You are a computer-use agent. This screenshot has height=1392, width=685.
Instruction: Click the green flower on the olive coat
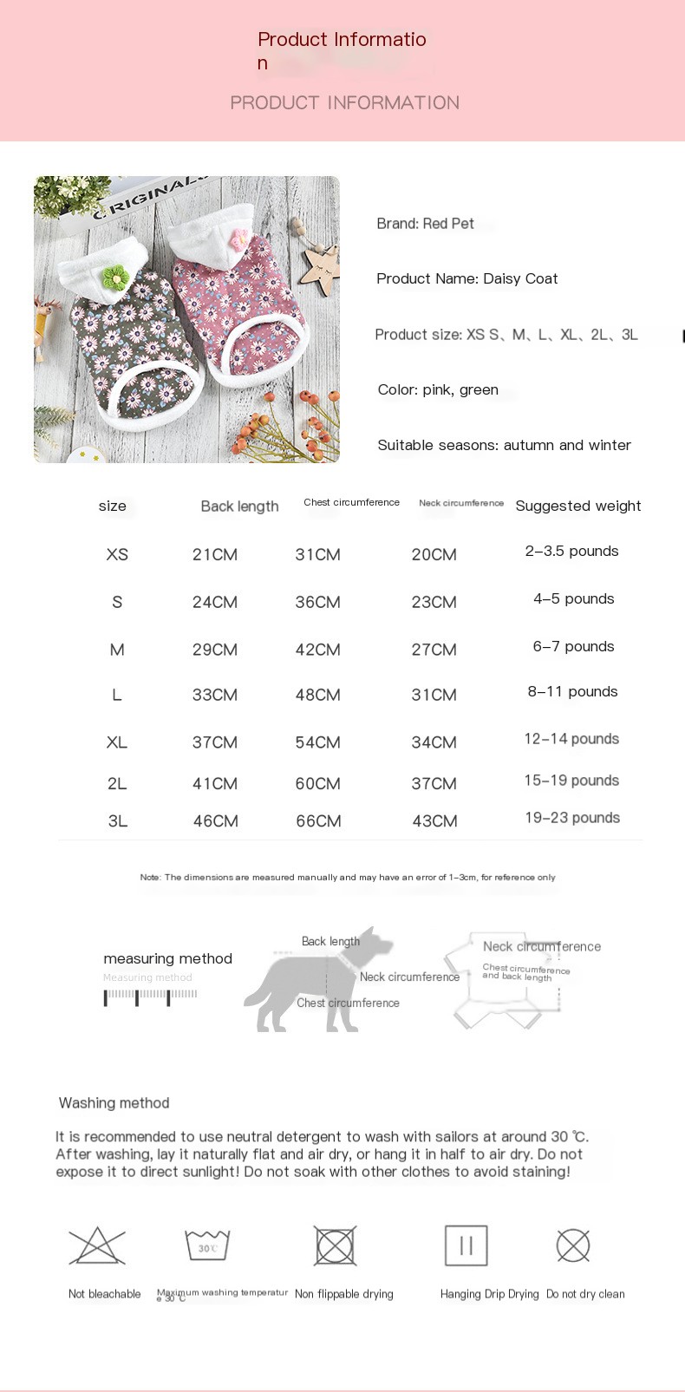114,278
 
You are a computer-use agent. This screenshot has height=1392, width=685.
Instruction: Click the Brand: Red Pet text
425,224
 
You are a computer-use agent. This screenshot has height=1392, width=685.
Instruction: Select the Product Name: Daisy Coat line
466,278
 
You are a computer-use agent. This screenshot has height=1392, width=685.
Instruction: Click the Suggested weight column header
578,506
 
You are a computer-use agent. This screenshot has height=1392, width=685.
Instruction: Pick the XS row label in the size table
117,554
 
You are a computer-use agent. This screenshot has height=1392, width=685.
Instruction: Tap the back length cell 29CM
215,650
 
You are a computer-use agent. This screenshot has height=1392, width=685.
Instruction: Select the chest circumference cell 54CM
317,742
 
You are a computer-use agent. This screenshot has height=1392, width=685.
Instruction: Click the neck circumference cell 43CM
434,820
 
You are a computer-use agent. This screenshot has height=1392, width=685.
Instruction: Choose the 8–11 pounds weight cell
572,691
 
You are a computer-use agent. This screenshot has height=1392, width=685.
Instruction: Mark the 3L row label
118,820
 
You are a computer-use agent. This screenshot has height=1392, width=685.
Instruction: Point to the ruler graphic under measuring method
150,997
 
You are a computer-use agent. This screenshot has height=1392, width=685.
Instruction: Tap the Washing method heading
114,1103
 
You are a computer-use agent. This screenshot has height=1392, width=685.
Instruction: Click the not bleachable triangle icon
97,1246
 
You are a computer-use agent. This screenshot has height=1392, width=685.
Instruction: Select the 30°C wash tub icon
207,1245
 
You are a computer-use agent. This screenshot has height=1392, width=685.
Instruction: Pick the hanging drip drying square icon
466,1246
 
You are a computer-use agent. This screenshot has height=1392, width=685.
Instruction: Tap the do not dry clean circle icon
573,1246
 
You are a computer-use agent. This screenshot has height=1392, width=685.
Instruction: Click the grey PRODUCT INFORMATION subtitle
344,102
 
